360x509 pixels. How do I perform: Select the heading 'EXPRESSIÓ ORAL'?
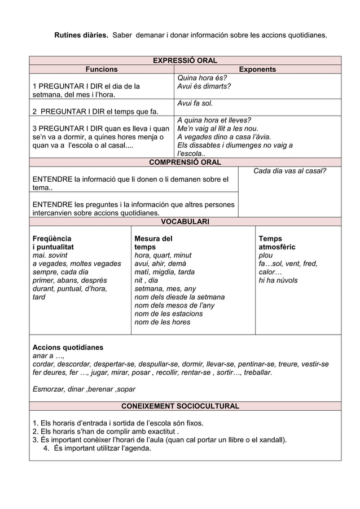click(185, 60)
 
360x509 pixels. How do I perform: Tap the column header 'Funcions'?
click(102, 69)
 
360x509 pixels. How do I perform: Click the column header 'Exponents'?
click(257, 69)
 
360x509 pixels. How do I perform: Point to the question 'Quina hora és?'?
click(202, 78)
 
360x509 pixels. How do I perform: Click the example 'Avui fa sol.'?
click(195, 103)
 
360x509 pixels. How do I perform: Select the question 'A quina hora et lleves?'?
click(214, 120)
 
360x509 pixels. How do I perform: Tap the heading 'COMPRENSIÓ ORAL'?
click(185, 163)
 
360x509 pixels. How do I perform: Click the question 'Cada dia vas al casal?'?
click(289, 171)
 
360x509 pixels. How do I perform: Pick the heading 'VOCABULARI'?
click(185, 222)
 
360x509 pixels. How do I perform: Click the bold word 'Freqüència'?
click(52, 239)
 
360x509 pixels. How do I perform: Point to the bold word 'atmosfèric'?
click(276, 247)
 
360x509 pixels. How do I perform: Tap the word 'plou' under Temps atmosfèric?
click(265, 256)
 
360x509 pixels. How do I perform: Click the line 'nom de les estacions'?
click(168, 314)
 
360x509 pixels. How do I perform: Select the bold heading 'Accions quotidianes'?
click(68, 348)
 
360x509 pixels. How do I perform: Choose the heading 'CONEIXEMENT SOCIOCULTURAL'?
click(185, 406)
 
